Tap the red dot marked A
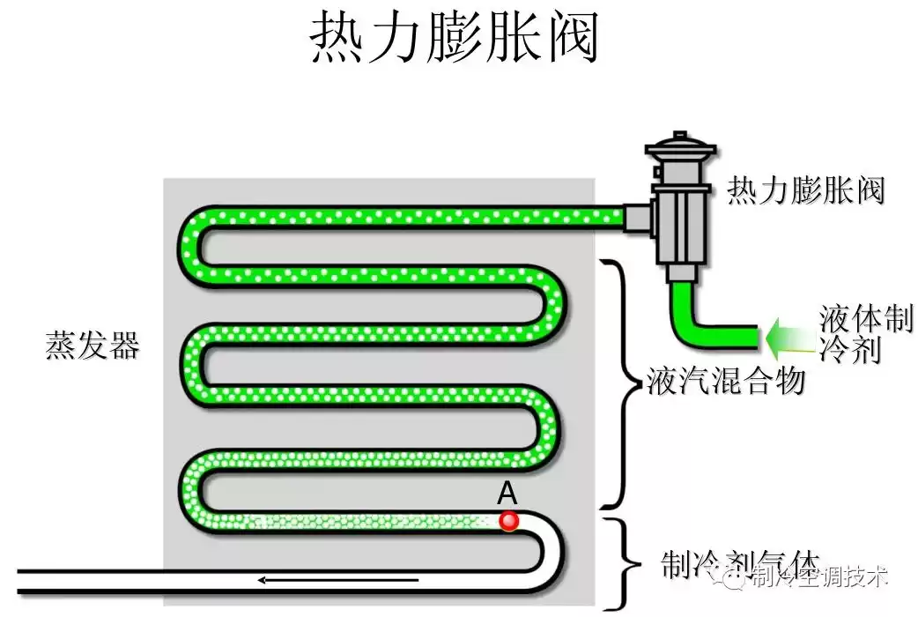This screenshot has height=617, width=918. pos(508,520)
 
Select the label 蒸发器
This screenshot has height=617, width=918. pos(93,346)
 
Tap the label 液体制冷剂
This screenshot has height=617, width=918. pos(865,334)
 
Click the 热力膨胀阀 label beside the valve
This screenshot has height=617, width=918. pos(804,190)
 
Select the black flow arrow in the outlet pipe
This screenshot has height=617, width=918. pos(307,579)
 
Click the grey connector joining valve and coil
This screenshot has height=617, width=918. pos(636,217)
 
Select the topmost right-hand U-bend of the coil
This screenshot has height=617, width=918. pos(557,305)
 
